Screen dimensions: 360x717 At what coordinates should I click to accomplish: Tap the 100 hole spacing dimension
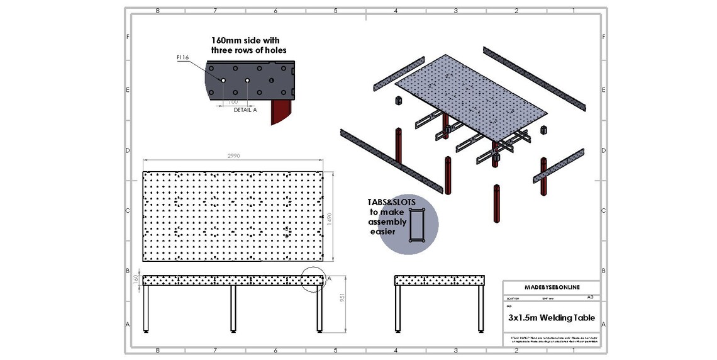click(233, 101)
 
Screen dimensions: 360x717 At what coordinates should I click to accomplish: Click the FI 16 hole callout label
click(183, 57)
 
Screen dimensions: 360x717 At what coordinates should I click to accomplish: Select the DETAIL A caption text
click(245, 110)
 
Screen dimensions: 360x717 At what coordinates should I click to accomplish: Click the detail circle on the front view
click(313, 279)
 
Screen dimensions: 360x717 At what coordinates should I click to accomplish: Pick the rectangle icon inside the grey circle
click(417, 225)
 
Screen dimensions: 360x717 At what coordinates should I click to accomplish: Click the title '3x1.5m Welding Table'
click(552, 318)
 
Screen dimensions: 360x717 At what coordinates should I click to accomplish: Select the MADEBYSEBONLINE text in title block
click(552, 287)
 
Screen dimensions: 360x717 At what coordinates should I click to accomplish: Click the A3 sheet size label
click(590, 296)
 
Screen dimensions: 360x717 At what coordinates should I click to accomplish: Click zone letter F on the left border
click(128, 37)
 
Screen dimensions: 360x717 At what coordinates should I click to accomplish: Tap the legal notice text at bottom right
click(552, 339)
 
